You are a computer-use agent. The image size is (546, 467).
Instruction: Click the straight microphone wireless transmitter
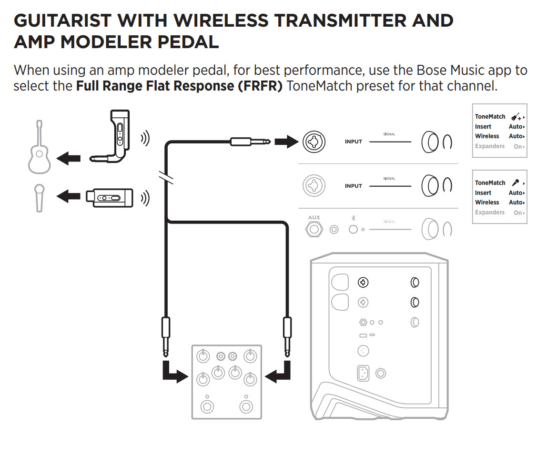pyautogui.click(x=109, y=198)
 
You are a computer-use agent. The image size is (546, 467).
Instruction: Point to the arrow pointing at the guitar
pyautogui.click(x=69, y=159)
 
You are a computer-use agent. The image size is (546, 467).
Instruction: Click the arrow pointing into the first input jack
pyautogui.click(x=286, y=142)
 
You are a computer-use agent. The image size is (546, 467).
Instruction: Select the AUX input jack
pyautogui.click(x=314, y=230)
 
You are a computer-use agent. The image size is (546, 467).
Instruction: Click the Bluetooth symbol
pyautogui.click(x=353, y=218)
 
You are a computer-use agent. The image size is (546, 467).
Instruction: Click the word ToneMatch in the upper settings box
pyautogui.click(x=490, y=116)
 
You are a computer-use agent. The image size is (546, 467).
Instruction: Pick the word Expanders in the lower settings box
pyautogui.click(x=489, y=212)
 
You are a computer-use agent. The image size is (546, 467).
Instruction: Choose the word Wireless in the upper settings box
pyautogui.click(x=486, y=136)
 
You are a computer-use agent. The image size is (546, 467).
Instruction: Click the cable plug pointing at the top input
pyautogui.click(x=250, y=142)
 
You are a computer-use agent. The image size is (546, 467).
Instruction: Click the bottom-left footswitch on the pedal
pyautogui.click(x=207, y=406)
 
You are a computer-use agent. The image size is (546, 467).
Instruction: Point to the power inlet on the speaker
pyautogui.click(x=363, y=373)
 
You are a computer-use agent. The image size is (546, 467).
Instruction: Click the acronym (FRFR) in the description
pyautogui.click(x=263, y=86)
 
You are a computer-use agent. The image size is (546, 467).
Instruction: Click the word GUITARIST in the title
pyautogui.click(x=63, y=21)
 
